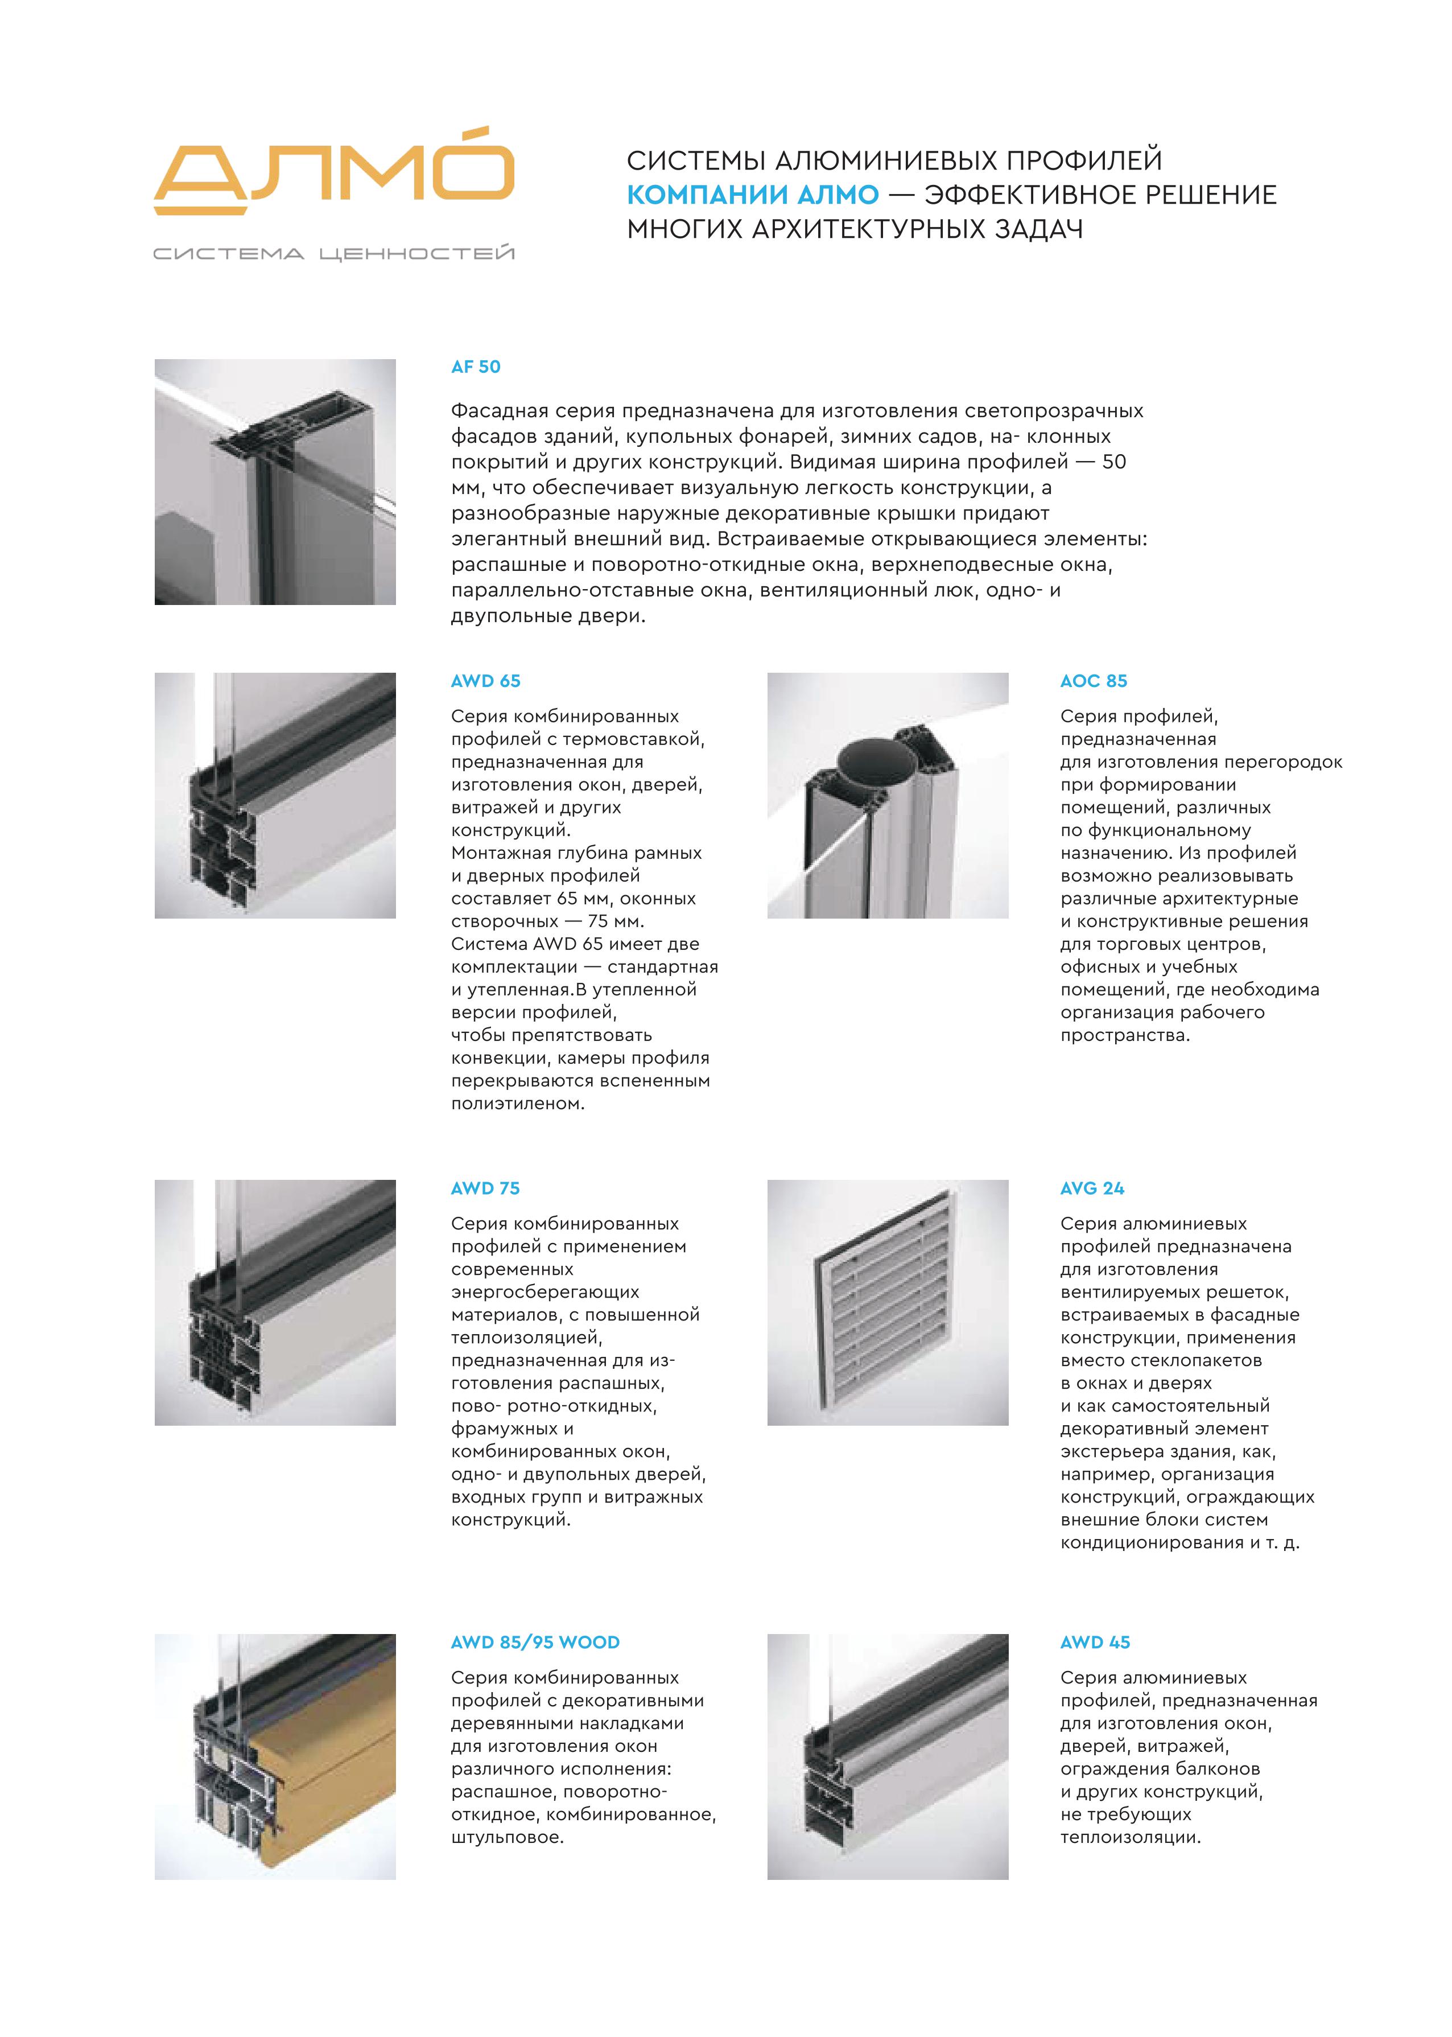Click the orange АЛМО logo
click(x=333, y=174)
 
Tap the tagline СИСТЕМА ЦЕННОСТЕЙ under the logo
click(x=333, y=254)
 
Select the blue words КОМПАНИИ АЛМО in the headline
click(x=753, y=195)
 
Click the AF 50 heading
click(x=476, y=367)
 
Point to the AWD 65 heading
click(x=485, y=681)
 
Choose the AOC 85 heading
click(x=1094, y=681)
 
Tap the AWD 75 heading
click(x=485, y=1188)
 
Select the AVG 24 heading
click(x=1092, y=1188)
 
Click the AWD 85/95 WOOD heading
click(x=535, y=1642)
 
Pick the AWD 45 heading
click(x=1095, y=1642)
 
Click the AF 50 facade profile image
click(x=275, y=482)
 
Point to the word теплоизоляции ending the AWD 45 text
click(x=1130, y=1838)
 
